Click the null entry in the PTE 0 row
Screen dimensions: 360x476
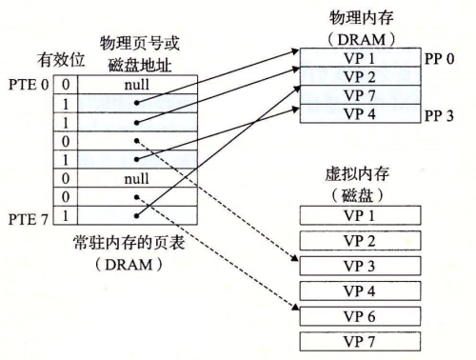(137, 86)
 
